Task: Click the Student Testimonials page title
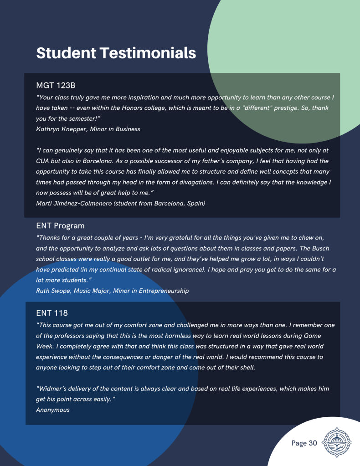116,53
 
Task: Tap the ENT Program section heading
60,225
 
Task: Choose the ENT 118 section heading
52,313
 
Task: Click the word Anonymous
53,410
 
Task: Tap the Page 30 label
304,443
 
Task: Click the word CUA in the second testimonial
43,161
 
